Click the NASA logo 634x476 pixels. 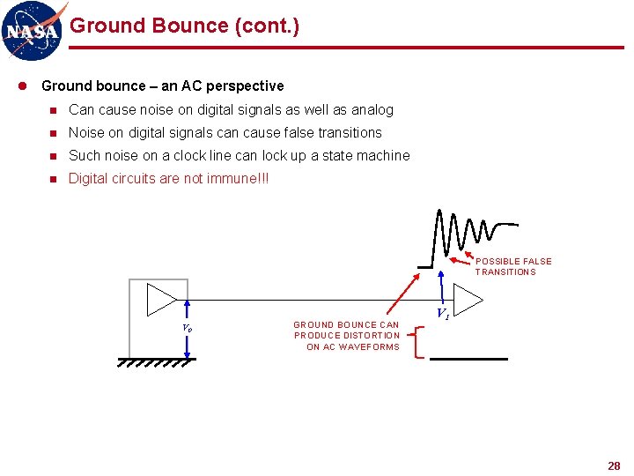pos(33,29)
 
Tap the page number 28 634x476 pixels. pos(614,465)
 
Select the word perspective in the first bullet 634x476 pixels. pos(243,86)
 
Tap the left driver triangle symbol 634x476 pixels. pos(161,299)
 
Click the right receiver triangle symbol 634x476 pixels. pos(468,298)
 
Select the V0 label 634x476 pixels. pos(187,328)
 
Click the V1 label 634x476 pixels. pos(444,314)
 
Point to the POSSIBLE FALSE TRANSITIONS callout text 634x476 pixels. pos(513,266)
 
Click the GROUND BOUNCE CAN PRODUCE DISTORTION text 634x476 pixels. pos(347,335)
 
